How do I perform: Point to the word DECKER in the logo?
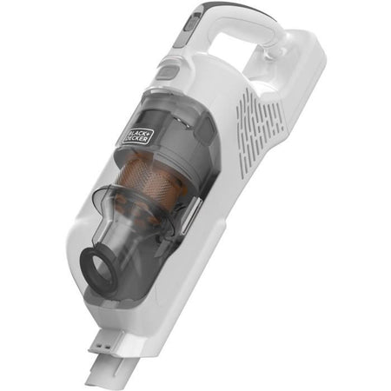140,136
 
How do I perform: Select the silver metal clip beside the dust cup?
194,214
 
